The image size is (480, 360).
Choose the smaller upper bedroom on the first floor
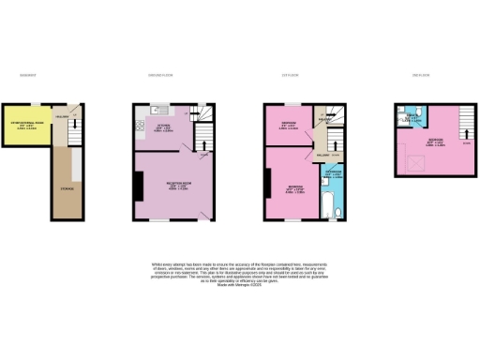288,127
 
